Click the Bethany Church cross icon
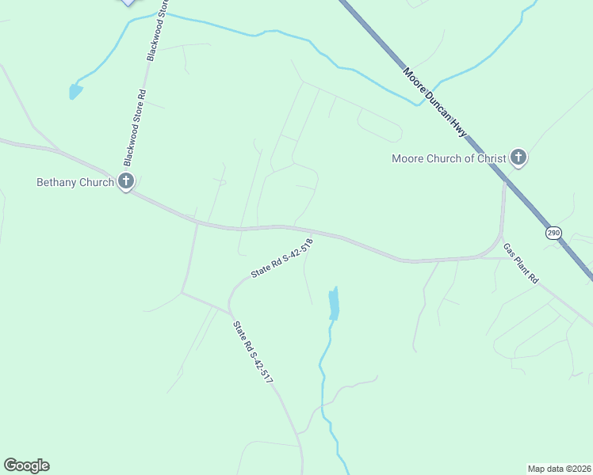[126, 181]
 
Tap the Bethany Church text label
[75, 182]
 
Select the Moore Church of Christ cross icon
[518, 158]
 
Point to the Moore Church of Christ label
[449, 158]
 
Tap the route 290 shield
[553, 233]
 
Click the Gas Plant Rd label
[521, 264]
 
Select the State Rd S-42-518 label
[282, 258]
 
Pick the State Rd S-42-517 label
[253, 352]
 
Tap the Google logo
[26, 465]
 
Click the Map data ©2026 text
[560, 468]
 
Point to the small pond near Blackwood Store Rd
[75, 91]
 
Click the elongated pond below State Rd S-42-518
[334, 304]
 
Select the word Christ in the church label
[490, 158]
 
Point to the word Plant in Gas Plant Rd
[522, 265]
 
